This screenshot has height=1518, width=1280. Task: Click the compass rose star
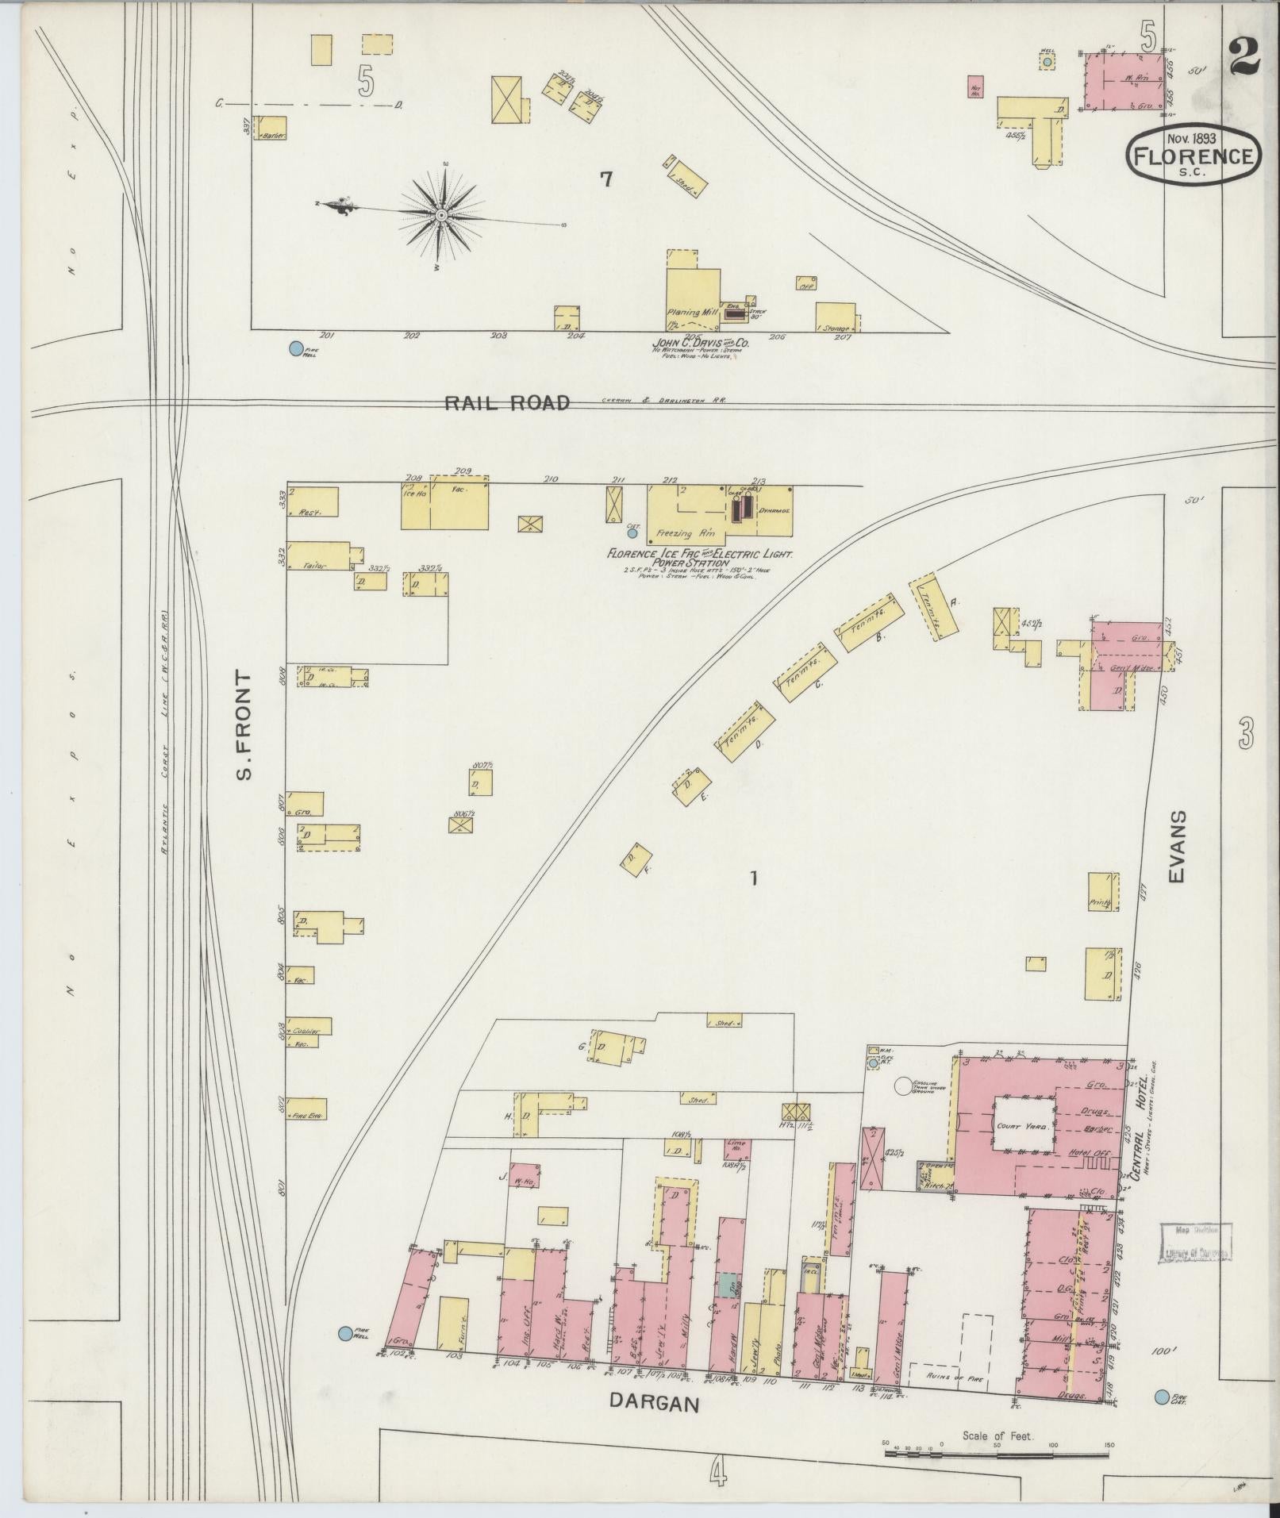442,215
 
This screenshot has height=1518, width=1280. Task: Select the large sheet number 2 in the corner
1246,57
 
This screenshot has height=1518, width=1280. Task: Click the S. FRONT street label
244,725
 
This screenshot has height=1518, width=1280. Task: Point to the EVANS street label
1177,847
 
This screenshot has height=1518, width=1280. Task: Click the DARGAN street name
655,1403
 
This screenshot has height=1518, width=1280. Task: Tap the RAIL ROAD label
506,403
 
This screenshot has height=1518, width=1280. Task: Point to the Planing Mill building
692,297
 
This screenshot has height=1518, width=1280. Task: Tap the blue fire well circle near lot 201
296,348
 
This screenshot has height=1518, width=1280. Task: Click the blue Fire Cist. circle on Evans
1162,1397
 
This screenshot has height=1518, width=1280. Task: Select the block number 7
606,180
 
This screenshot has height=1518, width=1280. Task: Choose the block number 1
755,878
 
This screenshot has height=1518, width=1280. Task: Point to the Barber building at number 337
270,129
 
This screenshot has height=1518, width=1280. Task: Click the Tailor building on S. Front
317,555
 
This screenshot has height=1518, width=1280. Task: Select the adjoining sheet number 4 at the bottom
717,1474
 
